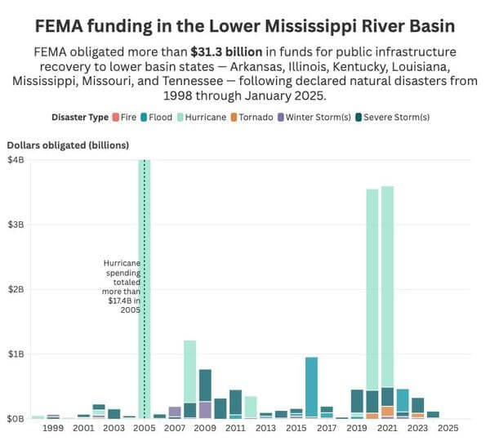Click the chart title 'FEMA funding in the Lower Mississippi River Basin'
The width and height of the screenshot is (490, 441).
245,25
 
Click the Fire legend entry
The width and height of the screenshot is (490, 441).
123,117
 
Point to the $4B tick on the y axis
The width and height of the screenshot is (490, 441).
16,160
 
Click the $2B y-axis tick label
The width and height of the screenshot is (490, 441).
16,289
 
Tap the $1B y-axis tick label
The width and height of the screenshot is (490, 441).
16,354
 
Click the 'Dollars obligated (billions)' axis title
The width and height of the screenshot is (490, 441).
68,145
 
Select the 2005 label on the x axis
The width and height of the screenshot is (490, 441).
145,427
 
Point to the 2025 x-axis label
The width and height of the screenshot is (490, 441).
448,427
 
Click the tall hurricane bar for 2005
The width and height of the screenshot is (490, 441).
145,245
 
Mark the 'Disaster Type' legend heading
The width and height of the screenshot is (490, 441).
80,117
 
